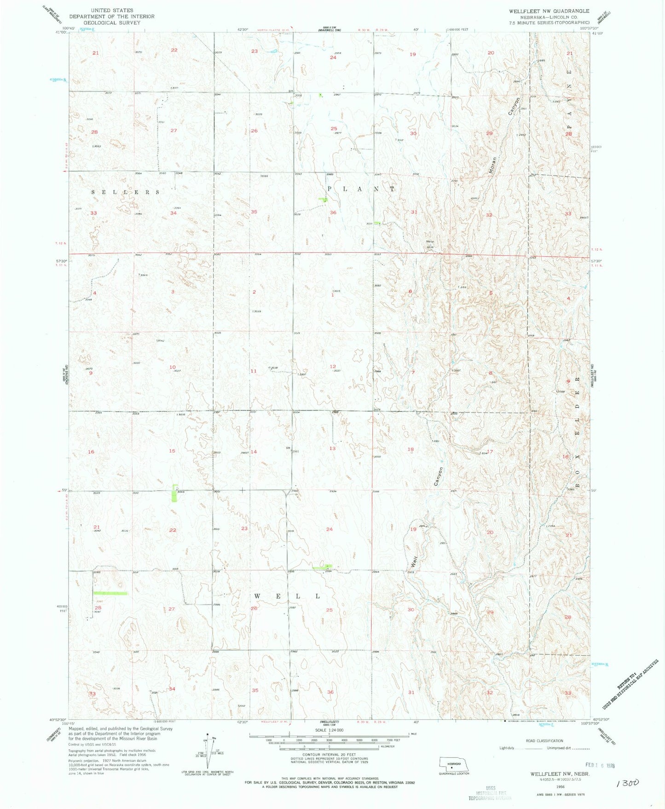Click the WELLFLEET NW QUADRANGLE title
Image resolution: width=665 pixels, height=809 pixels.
pos(549,11)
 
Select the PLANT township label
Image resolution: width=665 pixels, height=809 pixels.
pos(361,189)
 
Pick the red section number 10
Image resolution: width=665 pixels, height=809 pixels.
pos(173,367)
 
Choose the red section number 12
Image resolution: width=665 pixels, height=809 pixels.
pos(333,367)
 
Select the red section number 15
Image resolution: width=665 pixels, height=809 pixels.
pos(172,451)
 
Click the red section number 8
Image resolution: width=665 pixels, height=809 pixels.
pos(491,373)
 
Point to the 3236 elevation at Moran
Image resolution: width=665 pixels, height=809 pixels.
pos(430,247)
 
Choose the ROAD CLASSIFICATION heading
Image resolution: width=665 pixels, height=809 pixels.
pos(544,741)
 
